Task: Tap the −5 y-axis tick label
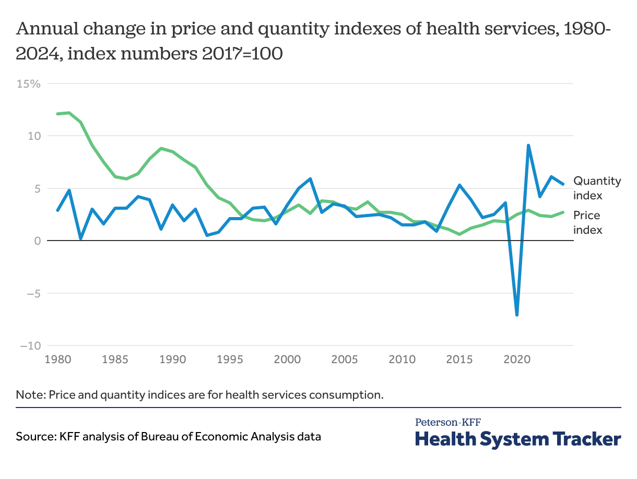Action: click(30, 293)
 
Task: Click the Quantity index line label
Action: click(597, 188)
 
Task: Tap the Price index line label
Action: click(587, 222)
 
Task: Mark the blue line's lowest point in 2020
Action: click(517, 315)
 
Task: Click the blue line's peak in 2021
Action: click(528, 146)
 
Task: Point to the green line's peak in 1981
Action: click(69, 113)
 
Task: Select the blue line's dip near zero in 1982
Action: click(80, 238)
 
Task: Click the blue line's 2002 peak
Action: click(310, 179)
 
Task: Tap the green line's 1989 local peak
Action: click(161, 148)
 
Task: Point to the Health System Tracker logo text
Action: click(518, 439)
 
